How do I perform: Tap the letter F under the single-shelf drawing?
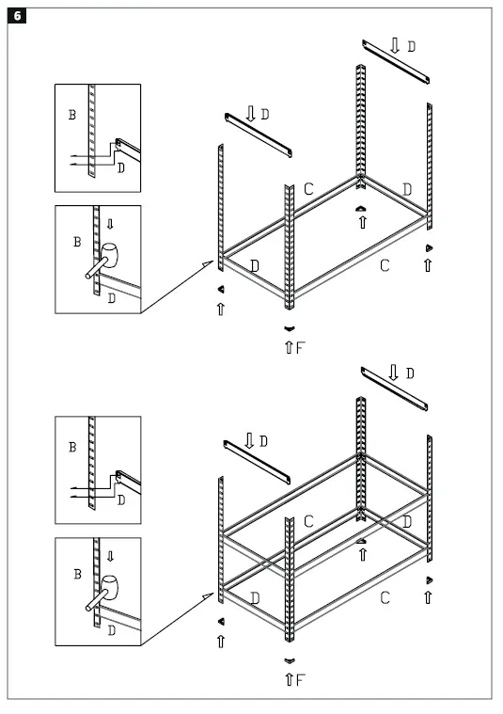pyautogui.click(x=301, y=348)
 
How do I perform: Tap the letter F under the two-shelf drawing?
pyautogui.click(x=301, y=679)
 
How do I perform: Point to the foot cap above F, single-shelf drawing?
pyautogui.click(x=288, y=327)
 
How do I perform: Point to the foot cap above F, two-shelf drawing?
pyautogui.click(x=288, y=659)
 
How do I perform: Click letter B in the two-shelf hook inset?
pyautogui.click(x=72, y=447)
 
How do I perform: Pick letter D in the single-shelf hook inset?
pyautogui.click(x=121, y=168)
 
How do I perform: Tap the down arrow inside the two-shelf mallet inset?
pyautogui.click(x=111, y=556)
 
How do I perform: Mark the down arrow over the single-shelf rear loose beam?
pyautogui.click(x=394, y=45)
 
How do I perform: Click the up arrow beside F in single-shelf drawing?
pyautogui.click(x=289, y=348)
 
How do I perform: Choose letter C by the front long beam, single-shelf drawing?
pyautogui.click(x=384, y=266)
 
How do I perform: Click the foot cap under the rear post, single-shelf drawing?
pyautogui.click(x=362, y=207)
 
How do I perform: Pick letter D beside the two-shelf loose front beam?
pyautogui.click(x=264, y=441)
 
